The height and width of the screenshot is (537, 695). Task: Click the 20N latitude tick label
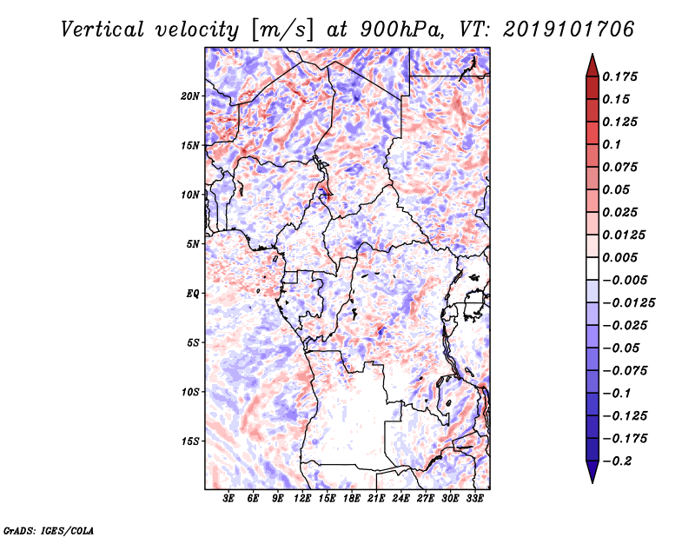(190, 96)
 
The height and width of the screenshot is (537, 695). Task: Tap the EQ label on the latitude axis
(193, 294)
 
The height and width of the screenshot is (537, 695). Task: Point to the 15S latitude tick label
(190, 441)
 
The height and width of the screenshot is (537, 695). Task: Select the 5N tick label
(193, 244)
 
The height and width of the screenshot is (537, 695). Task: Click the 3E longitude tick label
(228, 499)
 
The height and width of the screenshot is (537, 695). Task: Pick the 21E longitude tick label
(376, 499)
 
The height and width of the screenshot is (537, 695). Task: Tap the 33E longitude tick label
(474, 499)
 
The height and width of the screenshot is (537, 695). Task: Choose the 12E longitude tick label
(302, 499)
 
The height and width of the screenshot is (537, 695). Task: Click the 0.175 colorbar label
(619, 76)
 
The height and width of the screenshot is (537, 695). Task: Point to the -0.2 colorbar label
(617, 461)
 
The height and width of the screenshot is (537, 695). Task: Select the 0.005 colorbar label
(619, 257)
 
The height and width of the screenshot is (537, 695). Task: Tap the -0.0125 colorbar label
(628, 303)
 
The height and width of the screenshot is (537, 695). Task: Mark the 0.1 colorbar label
(612, 144)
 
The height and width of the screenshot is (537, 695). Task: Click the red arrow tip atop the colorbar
(592, 54)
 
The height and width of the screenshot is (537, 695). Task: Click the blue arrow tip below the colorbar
(592, 482)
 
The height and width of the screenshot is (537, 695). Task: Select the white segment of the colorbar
(592, 268)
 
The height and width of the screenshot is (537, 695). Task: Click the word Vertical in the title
(102, 30)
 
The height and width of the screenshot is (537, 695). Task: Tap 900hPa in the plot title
(401, 30)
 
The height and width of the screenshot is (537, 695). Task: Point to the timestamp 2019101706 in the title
(569, 30)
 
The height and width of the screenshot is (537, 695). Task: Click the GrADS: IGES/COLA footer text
(49, 530)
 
